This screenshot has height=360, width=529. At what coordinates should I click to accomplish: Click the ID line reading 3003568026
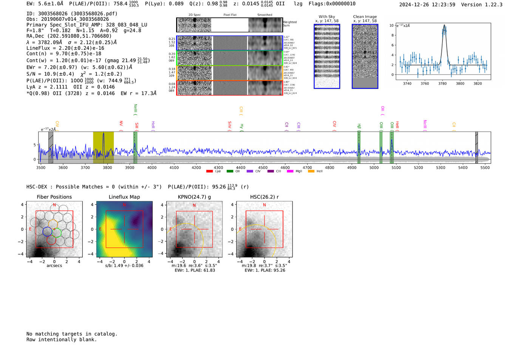tap(72, 14)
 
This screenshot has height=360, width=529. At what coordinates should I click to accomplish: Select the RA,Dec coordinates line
tap(69, 36)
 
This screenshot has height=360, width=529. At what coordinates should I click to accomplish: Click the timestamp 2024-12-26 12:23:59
tap(427, 5)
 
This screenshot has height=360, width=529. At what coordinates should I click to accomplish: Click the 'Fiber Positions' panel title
tap(54, 197)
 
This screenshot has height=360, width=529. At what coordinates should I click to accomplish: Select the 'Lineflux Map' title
tap(124, 197)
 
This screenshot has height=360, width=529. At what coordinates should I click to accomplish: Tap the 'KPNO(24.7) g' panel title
tap(194, 197)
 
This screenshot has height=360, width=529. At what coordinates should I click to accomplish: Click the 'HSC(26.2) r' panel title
tap(264, 197)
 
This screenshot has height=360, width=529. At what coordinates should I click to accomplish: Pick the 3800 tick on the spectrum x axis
tap(107, 168)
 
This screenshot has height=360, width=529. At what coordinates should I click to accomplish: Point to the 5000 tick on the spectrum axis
tap(374, 168)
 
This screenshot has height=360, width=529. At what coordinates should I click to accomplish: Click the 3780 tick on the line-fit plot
tap(442, 83)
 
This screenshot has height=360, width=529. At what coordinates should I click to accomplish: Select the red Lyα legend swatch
tap(210, 172)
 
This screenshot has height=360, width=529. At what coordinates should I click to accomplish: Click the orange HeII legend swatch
tap(311, 172)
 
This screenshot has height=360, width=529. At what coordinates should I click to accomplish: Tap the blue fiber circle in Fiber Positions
tap(47, 232)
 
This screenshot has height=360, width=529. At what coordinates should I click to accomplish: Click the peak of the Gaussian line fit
tap(444, 25)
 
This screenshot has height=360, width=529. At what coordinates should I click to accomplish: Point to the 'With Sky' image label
tap(327, 17)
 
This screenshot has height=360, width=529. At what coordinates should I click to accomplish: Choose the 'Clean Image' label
tap(365, 17)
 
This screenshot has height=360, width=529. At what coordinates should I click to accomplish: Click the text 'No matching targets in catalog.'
tap(72, 334)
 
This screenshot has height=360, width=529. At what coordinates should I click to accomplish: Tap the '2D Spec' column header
tap(195, 15)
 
